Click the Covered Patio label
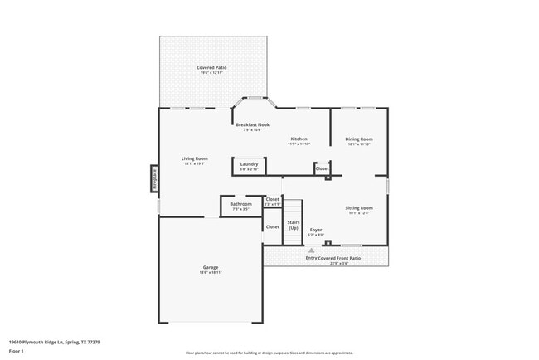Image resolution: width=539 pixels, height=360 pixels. [211, 67]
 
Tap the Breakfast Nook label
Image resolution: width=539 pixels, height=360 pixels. [252, 124]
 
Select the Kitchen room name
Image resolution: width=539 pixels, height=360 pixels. [299, 139]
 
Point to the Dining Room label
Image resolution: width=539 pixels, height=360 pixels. [359, 139]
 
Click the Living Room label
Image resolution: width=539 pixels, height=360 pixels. [195, 158]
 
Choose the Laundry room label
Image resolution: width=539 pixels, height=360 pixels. [249, 164]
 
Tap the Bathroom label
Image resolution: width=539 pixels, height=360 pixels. [240, 203]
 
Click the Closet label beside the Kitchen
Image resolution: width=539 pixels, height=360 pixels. [322, 169]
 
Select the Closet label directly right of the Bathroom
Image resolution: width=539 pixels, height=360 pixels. [272, 199]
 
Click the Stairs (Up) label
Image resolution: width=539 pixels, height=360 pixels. [294, 225]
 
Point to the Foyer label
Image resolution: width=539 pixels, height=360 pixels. [316, 230]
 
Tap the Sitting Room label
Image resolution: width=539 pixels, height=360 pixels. [359, 207]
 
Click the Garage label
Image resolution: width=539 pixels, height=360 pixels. [211, 267]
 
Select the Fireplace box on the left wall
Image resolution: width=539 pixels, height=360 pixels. [153, 179]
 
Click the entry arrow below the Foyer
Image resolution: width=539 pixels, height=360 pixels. [312, 250]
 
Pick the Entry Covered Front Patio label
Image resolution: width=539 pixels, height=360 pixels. [333, 258]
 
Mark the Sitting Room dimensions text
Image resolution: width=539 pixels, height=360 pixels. [359, 213]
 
